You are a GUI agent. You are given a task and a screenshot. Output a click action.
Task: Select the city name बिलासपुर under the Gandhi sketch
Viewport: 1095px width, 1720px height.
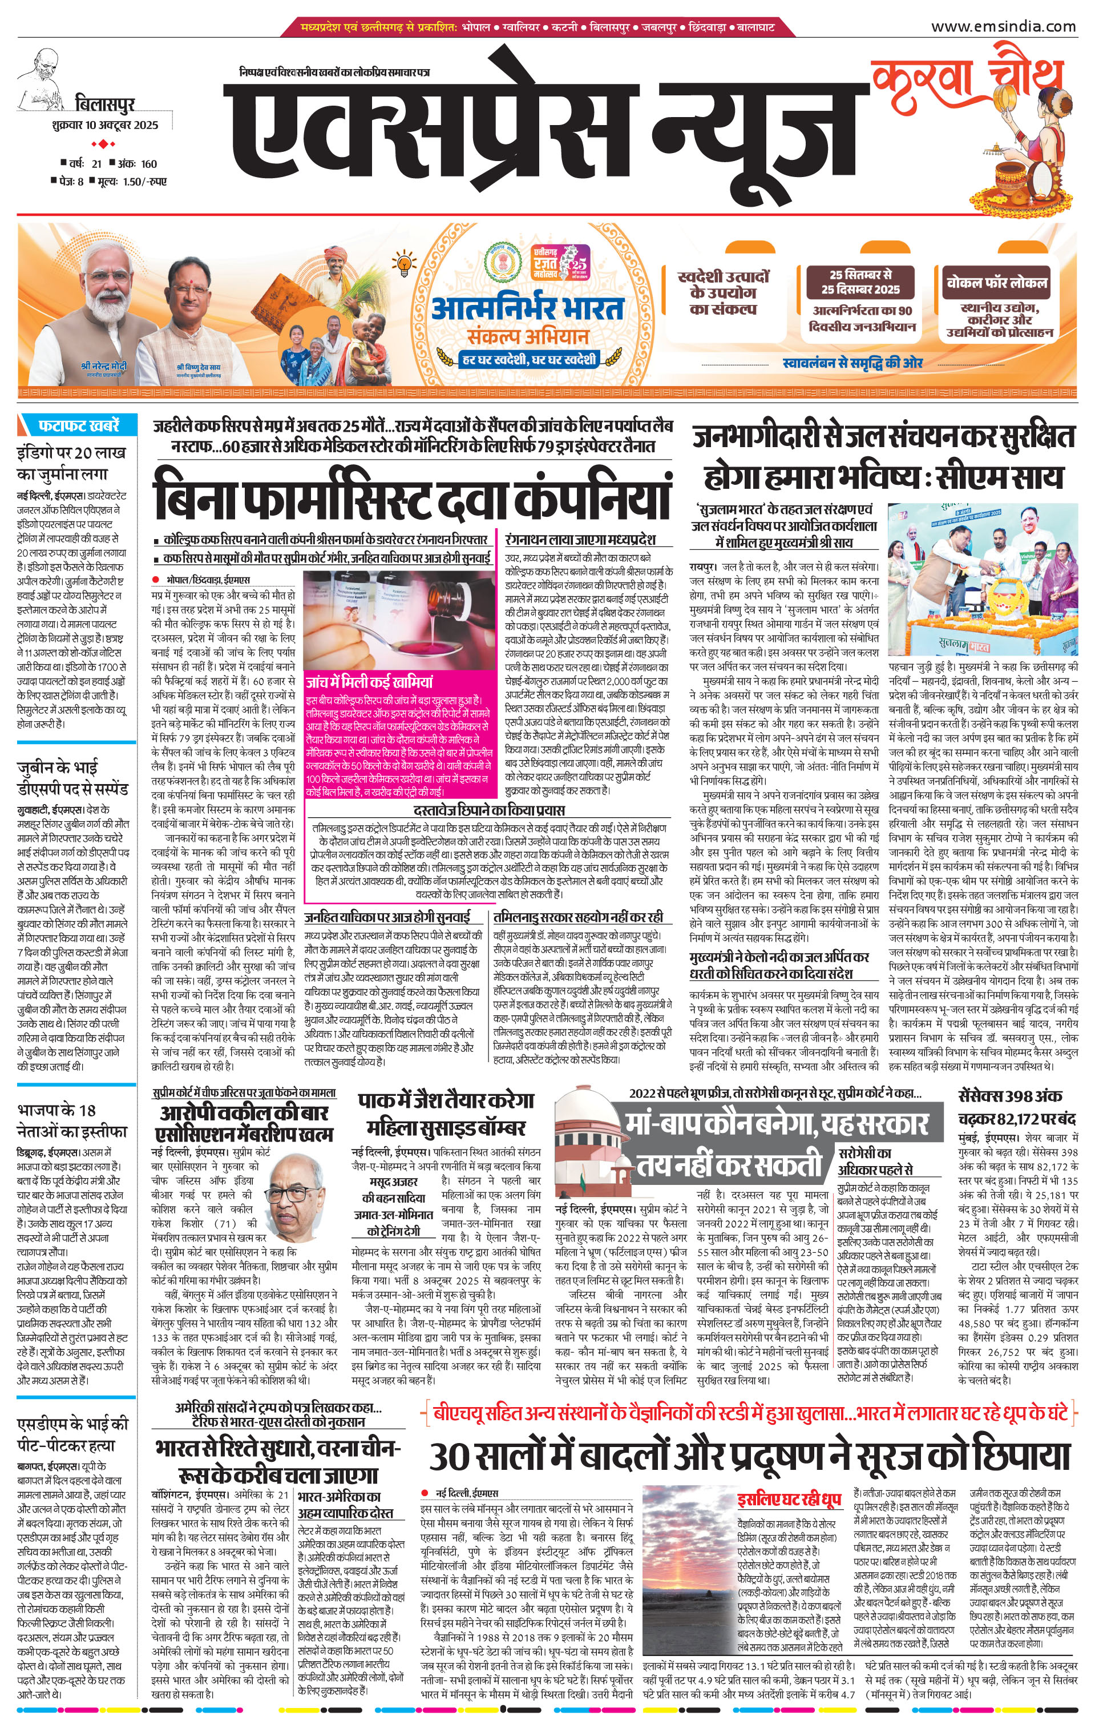tap(105, 105)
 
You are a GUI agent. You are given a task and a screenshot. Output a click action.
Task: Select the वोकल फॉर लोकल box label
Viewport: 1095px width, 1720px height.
tap(996, 283)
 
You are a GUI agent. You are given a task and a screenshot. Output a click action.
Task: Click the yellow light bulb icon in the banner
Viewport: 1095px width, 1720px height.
tap(404, 263)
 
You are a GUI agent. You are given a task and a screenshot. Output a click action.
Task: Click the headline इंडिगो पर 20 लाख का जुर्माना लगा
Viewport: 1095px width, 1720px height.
tap(71, 463)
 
